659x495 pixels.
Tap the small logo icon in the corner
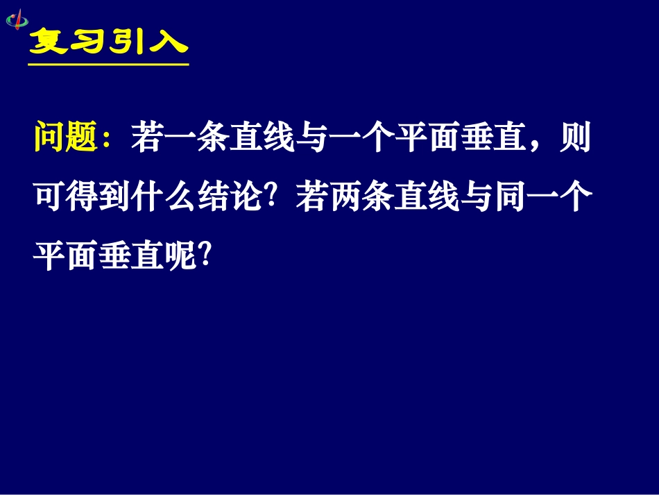[x=17, y=19]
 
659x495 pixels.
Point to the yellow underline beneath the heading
[x=108, y=65]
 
